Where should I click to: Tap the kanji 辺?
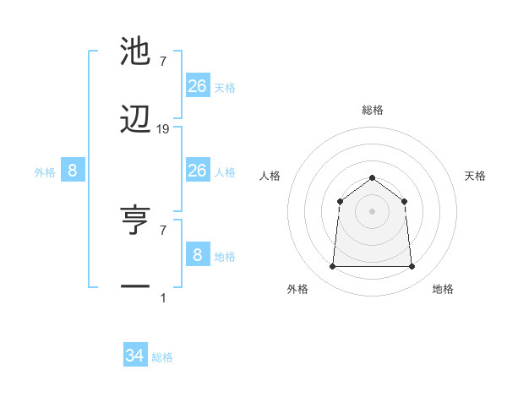click(136, 121)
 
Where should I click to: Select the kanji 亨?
click(136, 220)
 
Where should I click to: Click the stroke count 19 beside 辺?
click(163, 129)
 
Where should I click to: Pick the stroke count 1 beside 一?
click(163, 297)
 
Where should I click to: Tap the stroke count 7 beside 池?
click(163, 61)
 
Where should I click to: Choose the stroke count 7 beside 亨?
click(163, 229)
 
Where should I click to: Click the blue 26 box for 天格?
click(198, 85)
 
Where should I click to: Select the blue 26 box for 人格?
click(198, 171)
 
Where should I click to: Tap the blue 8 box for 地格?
click(198, 254)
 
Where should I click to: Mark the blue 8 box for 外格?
click(73, 171)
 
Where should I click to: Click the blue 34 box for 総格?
click(135, 356)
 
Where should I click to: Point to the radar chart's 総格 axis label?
click(372, 110)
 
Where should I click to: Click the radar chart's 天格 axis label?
click(475, 176)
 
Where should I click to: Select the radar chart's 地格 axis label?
click(443, 289)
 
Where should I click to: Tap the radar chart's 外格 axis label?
click(297, 289)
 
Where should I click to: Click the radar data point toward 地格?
click(412, 267)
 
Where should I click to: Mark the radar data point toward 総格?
click(372, 177)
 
